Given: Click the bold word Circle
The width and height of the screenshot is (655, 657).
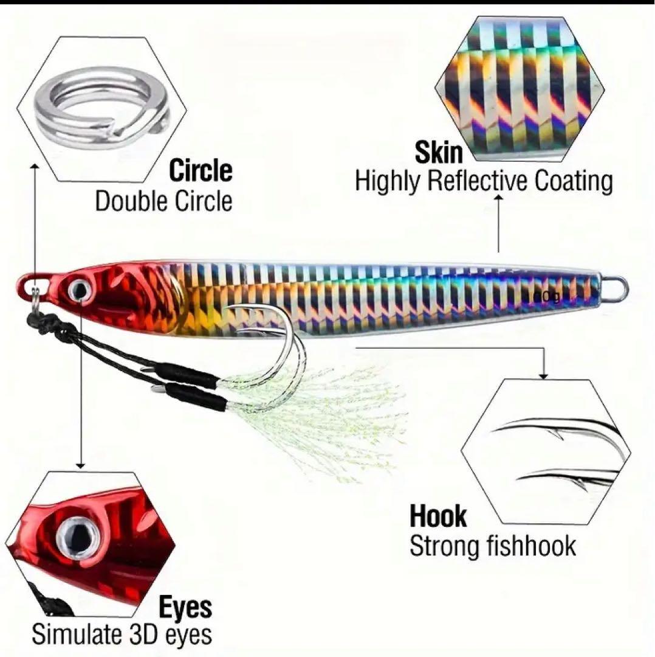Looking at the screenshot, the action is (201, 170).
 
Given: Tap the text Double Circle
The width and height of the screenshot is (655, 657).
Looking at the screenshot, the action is (163, 201).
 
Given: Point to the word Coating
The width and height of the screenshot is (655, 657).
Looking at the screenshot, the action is (574, 182).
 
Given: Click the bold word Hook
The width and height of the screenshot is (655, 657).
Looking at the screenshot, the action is (438, 516).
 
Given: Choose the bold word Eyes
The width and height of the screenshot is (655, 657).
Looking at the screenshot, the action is (185, 608).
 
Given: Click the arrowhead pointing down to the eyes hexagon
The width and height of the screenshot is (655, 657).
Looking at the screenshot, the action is (81, 465).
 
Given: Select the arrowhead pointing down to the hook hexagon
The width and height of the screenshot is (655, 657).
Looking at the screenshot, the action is (543, 376).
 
